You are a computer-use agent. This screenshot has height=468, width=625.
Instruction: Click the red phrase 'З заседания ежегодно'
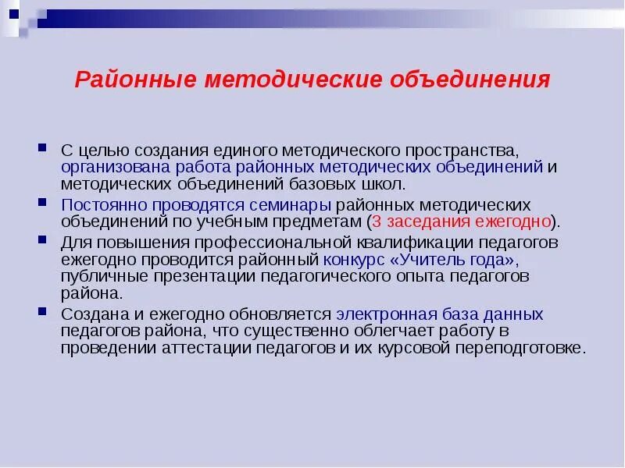(461, 222)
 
